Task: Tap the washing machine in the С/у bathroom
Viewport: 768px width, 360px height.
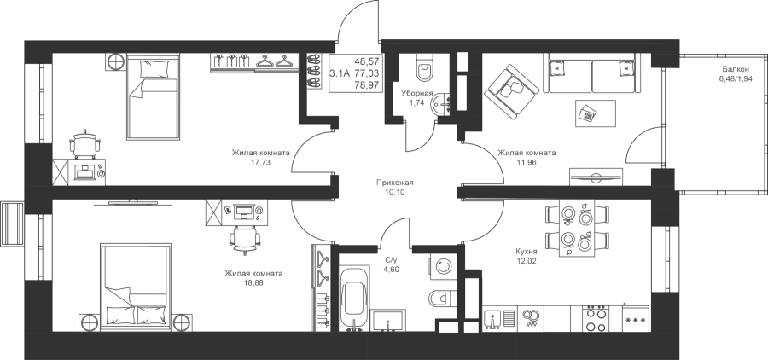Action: [x=444, y=266]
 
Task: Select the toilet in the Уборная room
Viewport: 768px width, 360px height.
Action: [x=425, y=67]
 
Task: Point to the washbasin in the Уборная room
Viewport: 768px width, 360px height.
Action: [x=440, y=104]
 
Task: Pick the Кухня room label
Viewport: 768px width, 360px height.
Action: [x=526, y=252]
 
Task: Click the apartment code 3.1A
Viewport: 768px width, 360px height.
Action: [x=340, y=74]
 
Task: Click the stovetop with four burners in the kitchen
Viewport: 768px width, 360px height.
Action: [x=596, y=319]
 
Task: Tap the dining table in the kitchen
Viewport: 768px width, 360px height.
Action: [x=577, y=228]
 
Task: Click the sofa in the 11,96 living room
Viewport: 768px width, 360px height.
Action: [x=592, y=73]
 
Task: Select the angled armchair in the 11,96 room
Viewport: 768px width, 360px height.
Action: [x=512, y=91]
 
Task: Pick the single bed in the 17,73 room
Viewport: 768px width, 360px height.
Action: [x=153, y=96]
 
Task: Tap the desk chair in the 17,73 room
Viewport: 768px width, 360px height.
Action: [x=85, y=143]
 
